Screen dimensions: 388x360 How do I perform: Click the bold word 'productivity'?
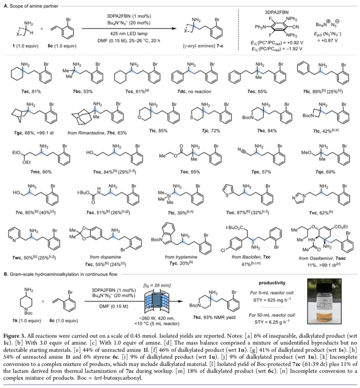pos(272,283)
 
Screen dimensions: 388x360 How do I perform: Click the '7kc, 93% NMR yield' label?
pos(214,317)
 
